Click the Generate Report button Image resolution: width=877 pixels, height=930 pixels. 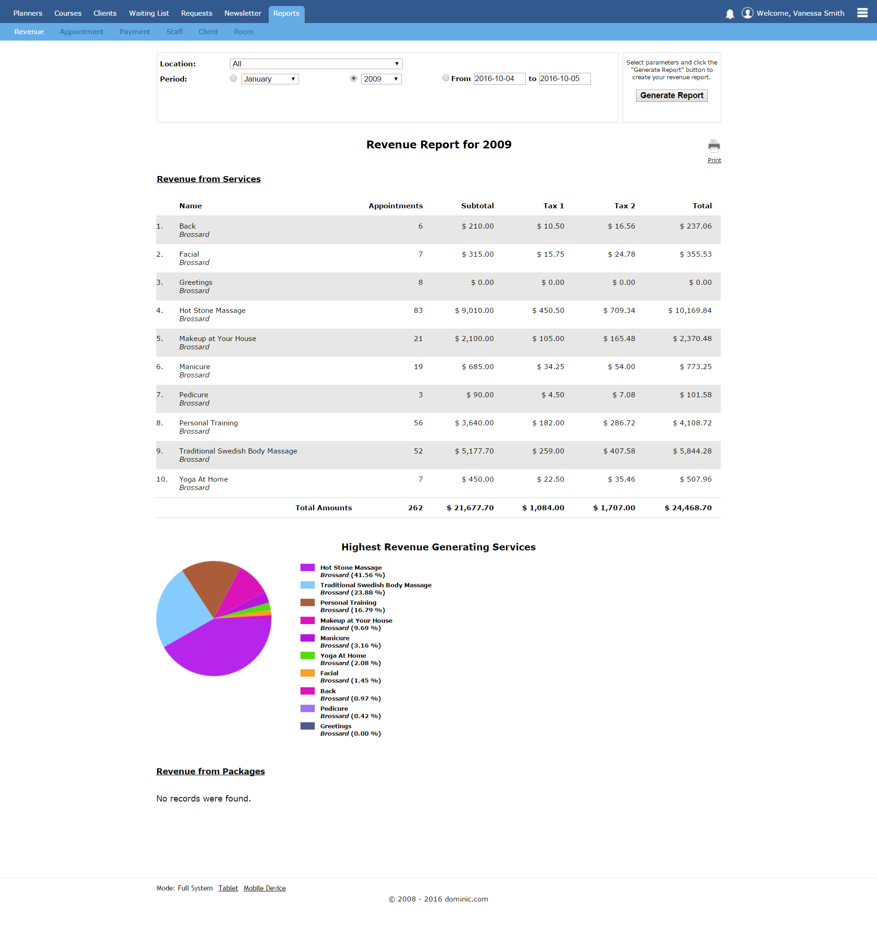coord(671,95)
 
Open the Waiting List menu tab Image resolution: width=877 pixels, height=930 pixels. coord(149,13)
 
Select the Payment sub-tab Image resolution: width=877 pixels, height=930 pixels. coord(135,32)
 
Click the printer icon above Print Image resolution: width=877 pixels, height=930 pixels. coord(714,146)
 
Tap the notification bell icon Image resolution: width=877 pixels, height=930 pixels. coord(730,14)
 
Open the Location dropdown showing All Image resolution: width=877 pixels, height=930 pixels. coord(316,64)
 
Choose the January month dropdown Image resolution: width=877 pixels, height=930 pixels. coord(270,79)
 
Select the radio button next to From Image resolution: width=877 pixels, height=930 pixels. coord(446,78)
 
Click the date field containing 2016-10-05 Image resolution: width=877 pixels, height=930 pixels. coord(564,79)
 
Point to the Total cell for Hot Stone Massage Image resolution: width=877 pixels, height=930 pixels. coord(690,311)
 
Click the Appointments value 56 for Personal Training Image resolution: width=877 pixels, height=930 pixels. coord(418,423)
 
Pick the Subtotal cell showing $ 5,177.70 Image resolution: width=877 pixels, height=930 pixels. coord(474,451)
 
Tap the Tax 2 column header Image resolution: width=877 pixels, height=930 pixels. coord(624,206)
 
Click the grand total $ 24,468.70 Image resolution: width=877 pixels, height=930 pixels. coord(688,507)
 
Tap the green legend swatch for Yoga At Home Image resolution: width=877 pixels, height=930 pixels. coord(307,655)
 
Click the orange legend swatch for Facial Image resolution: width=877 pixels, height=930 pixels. coord(307,673)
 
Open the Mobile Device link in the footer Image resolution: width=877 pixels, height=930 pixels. coord(264,888)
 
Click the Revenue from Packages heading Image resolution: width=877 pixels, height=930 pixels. coord(211,771)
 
